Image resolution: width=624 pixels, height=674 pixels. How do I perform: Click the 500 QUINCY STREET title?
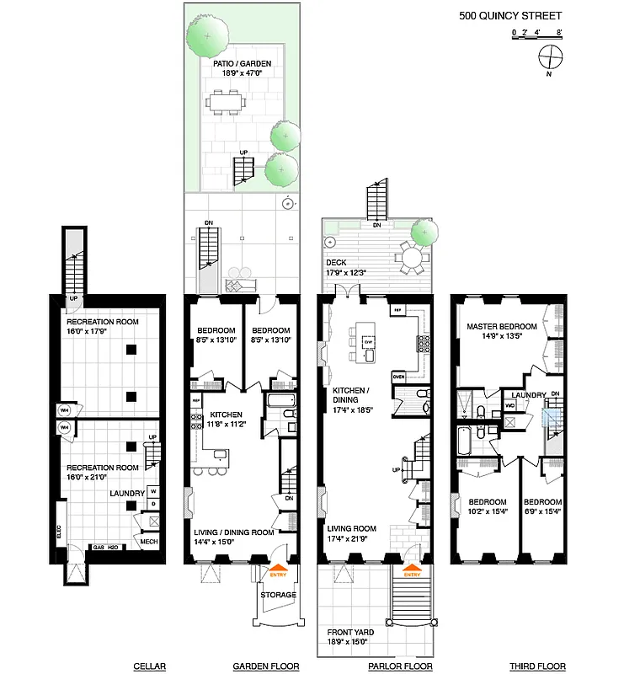coord(509,15)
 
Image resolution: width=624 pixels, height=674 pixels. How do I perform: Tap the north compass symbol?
coord(552,57)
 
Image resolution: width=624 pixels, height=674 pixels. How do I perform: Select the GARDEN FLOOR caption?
coord(266,666)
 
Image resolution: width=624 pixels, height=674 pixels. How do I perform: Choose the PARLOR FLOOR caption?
coord(401,666)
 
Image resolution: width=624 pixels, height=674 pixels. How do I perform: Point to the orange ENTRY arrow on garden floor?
coord(277,572)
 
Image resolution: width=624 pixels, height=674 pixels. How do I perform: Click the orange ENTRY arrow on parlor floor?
coord(411,572)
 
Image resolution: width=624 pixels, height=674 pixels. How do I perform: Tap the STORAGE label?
coord(278,595)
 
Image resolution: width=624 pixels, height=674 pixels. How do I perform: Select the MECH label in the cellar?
coord(148,542)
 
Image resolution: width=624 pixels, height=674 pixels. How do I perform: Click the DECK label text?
coord(336,262)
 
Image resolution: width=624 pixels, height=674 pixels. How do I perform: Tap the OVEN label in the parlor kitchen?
coord(399,377)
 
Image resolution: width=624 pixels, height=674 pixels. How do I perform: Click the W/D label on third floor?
coord(509,404)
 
